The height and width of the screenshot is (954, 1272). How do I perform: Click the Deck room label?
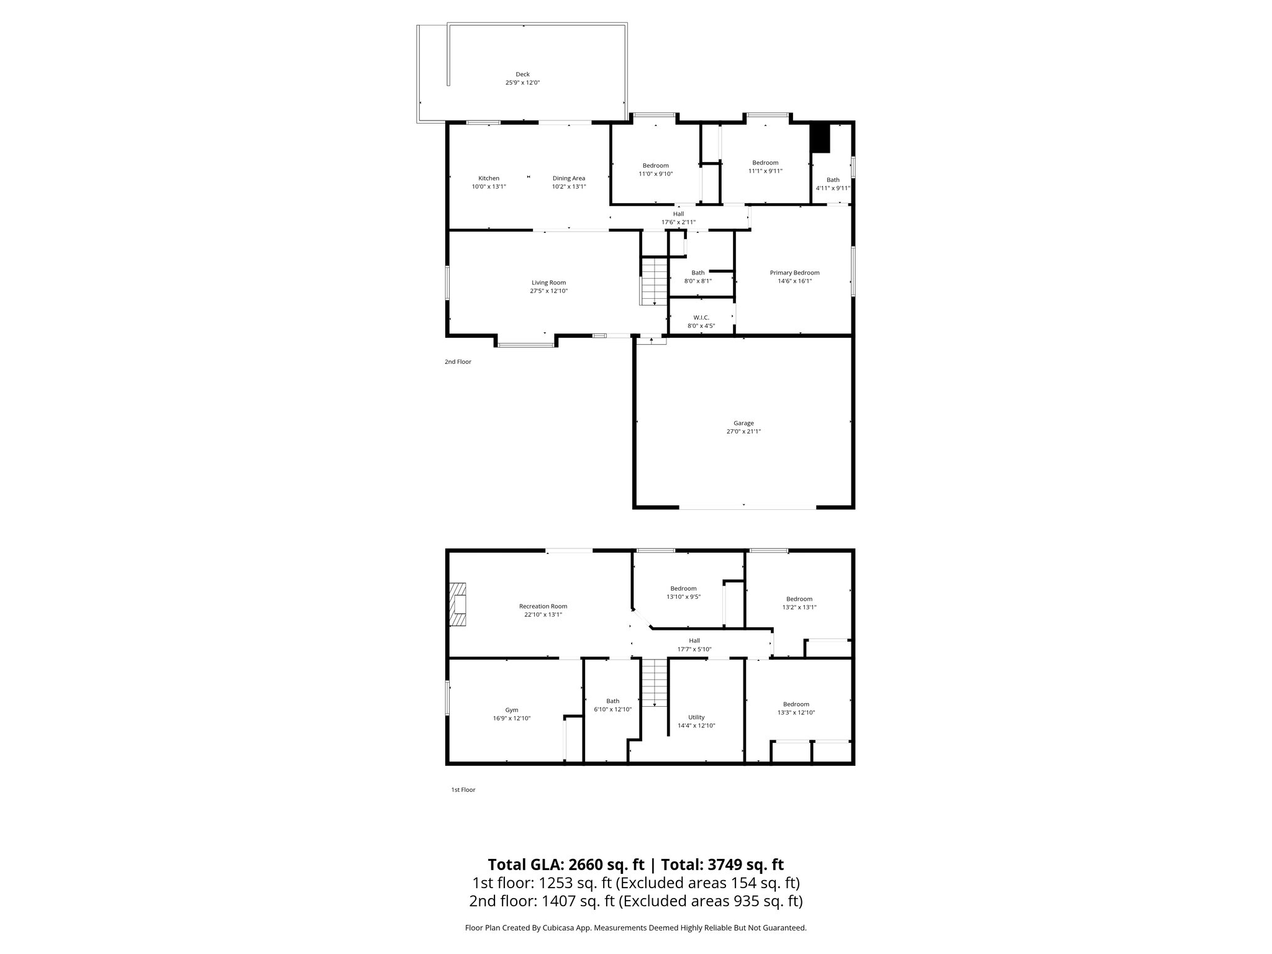pyautogui.click(x=522, y=75)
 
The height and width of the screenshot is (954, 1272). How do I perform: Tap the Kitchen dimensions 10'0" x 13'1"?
pyautogui.click(x=489, y=187)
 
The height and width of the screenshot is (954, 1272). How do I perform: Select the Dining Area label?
pyautogui.click(x=569, y=179)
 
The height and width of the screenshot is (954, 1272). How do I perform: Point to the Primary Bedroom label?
pyautogui.click(x=794, y=273)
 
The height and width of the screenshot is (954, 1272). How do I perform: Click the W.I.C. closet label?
pyautogui.click(x=701, y=317)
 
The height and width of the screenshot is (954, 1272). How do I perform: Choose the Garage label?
pyautogui.click(x=743, y=424)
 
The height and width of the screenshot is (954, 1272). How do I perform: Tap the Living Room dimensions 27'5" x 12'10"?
pyautogui.click(x=548, y=291)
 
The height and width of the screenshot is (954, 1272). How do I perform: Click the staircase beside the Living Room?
pyautogui.click(x=655, y=282)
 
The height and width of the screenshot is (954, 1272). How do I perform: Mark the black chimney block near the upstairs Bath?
pyautogui.click(x=820, y=139)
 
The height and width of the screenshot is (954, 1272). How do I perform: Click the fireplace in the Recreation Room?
pyautogui.click(x=458, y=605)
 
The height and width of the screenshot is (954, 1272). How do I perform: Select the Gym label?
pyautogui.click(x=511, y=710)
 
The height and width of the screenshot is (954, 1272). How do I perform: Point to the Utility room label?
pyautogui.click(x=696, y=717)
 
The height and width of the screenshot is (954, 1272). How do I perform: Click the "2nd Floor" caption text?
pyautogui.click(x=458, y=361)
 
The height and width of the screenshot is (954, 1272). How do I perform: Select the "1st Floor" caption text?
pyautogui.click(x=463, y=790)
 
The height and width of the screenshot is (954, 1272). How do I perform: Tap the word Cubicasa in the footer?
pyautogui.click(x=556, y=928)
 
